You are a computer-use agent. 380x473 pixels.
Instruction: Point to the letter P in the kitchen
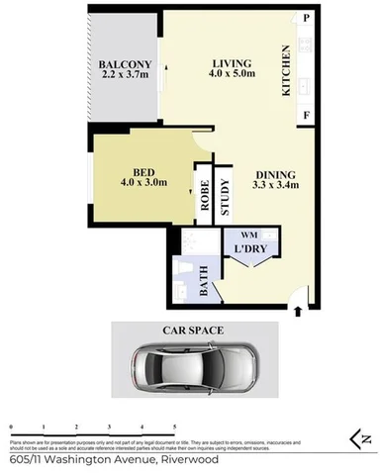[x=308, y=19]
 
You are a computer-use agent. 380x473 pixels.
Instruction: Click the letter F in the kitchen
[x=308, y=116]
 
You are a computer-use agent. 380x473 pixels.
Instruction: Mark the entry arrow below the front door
[x=298, y=313]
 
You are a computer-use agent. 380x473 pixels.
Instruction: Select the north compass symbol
[x=361, y=436]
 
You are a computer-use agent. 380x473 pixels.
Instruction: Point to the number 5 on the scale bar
[x=174, y=426]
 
